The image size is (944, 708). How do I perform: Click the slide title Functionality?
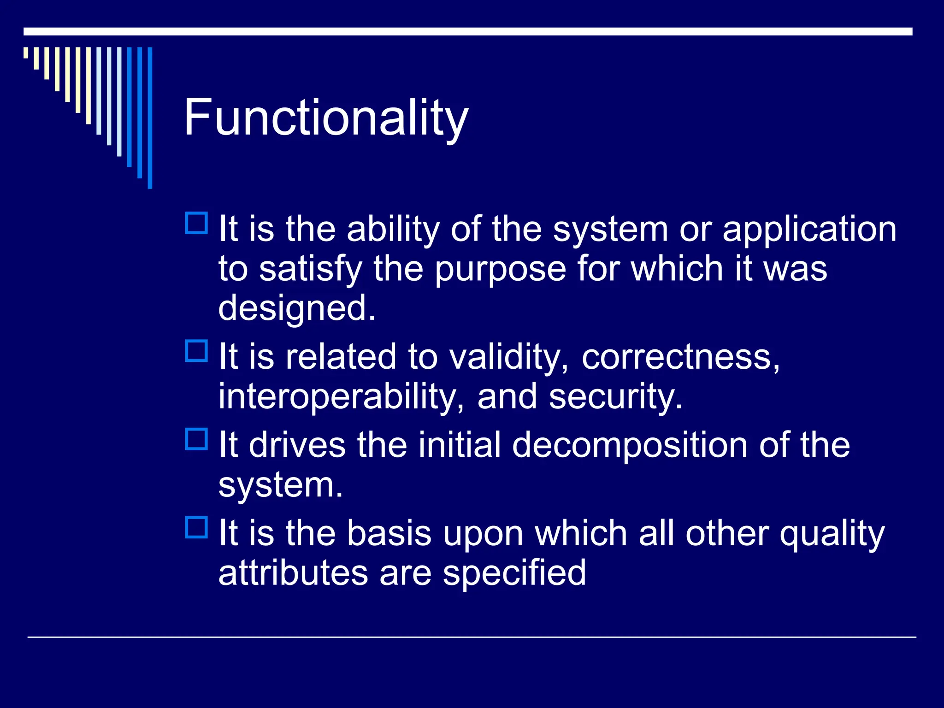point(326,118)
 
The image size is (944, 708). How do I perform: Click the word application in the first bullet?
point(809,229)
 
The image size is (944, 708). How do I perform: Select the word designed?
point(296,308)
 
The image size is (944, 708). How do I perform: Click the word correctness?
point(680,357)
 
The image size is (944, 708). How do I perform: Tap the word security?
point(615,396)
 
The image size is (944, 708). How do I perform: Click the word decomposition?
point(630,445)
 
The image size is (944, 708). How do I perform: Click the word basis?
point(389,533)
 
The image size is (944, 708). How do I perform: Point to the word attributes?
point(293,573)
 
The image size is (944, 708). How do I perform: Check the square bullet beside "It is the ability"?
point(196,224)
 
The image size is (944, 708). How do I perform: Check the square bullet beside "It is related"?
point(196,351)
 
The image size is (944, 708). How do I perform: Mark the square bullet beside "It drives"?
point(196,439)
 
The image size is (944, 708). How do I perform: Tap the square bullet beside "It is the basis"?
point(196,527)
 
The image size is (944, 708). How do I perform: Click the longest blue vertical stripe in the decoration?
point(150,118)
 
